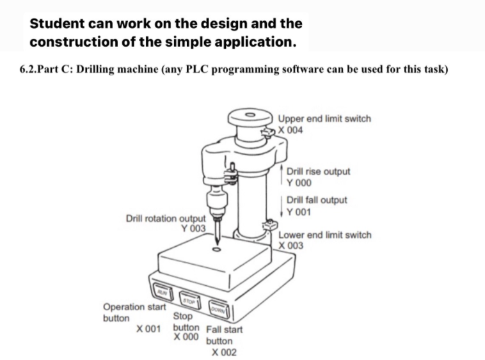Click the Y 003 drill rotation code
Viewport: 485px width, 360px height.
(193, 228)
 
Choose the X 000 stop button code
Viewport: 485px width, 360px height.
(186, 336)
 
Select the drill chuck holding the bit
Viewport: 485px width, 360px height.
(217, 196)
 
